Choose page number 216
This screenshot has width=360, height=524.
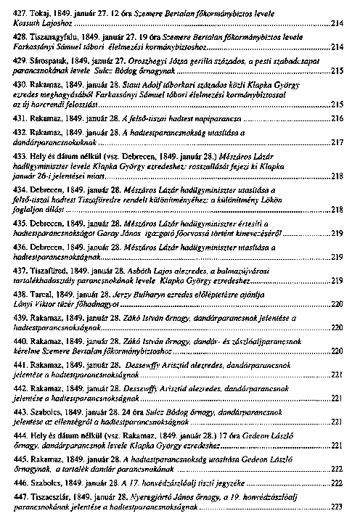[x=337, y=118]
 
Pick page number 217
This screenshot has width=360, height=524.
[x=337, y=143]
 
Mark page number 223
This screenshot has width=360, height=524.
[x=337, y=508]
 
